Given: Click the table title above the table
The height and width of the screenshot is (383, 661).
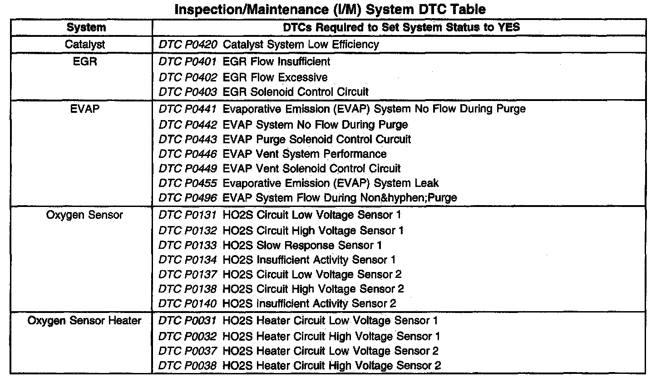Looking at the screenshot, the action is (x=330, y=9).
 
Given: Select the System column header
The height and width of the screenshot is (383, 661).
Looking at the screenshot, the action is (x=86, y=27).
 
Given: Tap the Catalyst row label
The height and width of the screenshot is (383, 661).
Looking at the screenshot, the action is (x=85, y=45).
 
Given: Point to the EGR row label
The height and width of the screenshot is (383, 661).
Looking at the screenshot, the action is (x=85, y=61).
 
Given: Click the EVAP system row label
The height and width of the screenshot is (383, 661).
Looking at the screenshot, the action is (x=85, y=109).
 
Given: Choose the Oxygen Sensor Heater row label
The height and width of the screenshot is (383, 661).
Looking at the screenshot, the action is (x=84, y=321).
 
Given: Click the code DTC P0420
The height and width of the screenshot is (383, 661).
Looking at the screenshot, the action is (x=188, y=45).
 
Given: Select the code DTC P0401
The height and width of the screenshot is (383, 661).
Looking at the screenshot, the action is (x=188, y=61).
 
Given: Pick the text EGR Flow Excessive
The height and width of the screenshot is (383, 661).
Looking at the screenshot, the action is (x=275, y=77).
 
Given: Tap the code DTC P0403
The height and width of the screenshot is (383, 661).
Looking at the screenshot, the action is (x=188, y=92).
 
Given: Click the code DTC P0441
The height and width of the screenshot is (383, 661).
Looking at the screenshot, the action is (x=188, y=109).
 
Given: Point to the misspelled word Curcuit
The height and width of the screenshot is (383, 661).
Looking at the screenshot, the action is (x=390, y=139).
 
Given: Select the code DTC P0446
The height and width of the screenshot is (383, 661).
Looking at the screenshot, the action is (x=188, y=154).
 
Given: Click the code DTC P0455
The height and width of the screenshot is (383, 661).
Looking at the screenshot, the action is (x=188, y=183).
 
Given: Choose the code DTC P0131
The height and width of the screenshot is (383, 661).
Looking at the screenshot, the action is (x=188, y=215).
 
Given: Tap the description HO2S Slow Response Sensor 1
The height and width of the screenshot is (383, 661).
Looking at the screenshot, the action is (x=302, y=246).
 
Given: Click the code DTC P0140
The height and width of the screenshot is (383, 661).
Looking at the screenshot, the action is (x=188, y=303).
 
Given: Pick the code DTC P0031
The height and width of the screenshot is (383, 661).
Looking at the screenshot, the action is (x=188, y=321).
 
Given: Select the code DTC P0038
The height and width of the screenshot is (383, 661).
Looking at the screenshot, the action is (x=188, y=365).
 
